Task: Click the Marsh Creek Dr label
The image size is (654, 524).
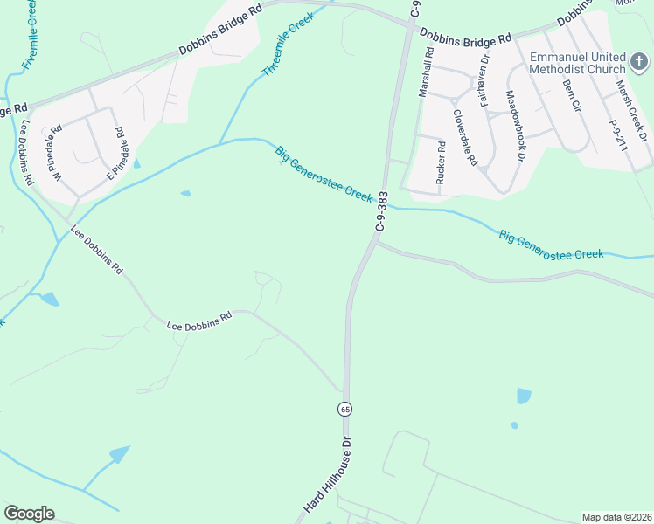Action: pos(630,111)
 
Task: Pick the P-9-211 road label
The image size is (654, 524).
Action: pos(619,137)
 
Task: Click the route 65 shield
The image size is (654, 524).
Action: pos(345,409)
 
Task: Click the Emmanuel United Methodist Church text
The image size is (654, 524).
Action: pos(577,63)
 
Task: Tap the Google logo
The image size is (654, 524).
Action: pos(29,514)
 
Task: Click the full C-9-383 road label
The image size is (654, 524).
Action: pos(381,211)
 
